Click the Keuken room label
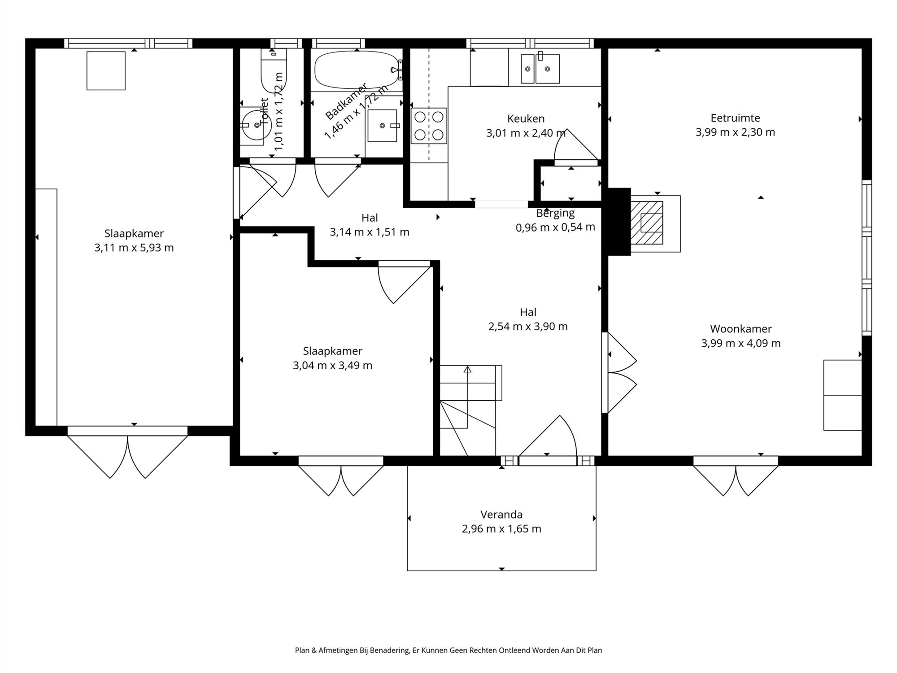(526, 119)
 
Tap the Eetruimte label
(735, 118)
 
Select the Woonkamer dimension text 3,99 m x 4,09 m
(741, 343)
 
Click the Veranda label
(501, 515)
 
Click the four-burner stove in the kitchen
(429, 126)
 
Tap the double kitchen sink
(540, 68)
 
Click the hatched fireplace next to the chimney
(647, 223)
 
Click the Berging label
(555, 213)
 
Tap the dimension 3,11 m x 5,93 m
(134, 248)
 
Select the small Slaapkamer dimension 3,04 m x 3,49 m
(332, 366)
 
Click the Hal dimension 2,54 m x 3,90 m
(528, 327)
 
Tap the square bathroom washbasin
(383, 126)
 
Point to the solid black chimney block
(619, 222)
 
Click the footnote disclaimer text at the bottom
(448, 650)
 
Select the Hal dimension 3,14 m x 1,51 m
(370, 232)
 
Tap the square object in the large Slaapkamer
(106, 71)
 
